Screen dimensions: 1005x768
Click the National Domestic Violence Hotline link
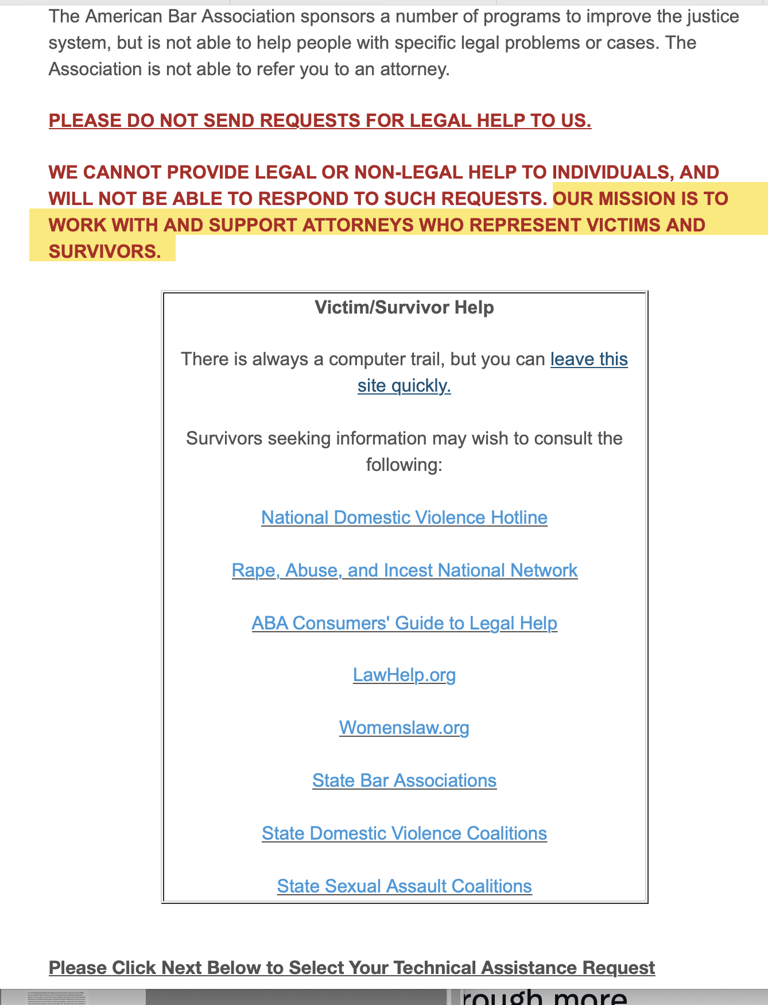(404, 517)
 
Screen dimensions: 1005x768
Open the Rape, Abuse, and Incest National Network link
(404, 570)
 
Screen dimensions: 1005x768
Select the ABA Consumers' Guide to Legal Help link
(404, 623)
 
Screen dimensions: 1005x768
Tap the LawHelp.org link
(404, 675)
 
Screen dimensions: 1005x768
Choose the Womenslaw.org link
(404, 728)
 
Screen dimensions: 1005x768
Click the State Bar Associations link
(404, 780)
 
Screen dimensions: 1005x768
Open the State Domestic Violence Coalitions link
(404, 833)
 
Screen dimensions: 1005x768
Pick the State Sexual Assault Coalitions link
(404, 886)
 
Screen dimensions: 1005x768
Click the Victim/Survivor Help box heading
(404, 307)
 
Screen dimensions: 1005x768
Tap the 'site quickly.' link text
(404, 385)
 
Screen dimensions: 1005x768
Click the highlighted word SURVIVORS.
(104, 252)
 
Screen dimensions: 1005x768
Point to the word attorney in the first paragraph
(417, 69)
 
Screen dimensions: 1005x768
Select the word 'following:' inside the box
(404, 465)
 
